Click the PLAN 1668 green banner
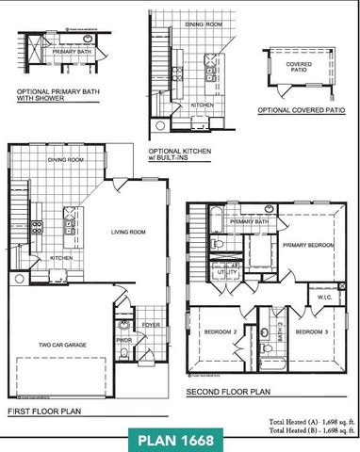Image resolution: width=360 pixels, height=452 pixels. pyautogui.click(x=179, y=439)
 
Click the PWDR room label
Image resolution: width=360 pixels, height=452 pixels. pyautogui.click(x=123, y=340)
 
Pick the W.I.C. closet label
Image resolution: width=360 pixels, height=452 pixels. pyautogui.click(x=324, y=299)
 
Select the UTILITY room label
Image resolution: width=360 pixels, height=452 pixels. pyautogui.click(x=227, y=271)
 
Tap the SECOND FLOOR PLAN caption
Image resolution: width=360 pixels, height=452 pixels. pyautogui.click(x=228, y=390)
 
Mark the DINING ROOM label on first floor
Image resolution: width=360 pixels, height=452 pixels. pyautogui.click(x=66, y=160)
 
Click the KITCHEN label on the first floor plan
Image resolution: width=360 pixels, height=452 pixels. pyautogui.click(x=61, y=257)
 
